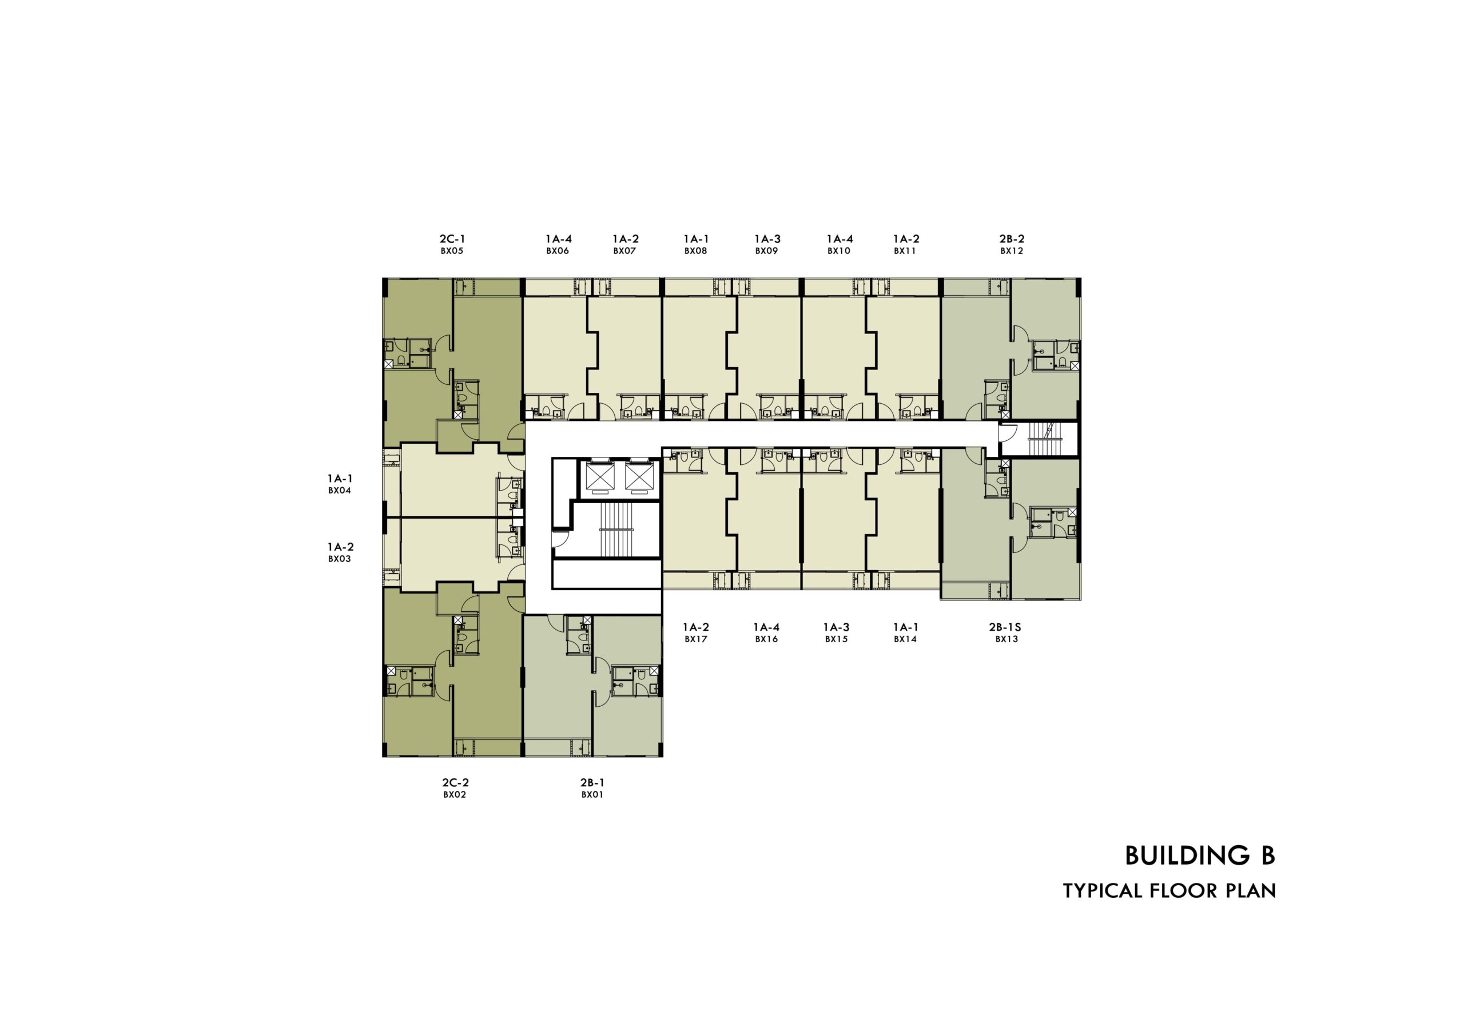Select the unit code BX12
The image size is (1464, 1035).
pyautogui.click(x=1011, y=251)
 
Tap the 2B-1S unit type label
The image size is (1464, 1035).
pyautogui.click(x=1005, y=627)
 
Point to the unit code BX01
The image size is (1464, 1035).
pyautogui.click(x=592, y=795)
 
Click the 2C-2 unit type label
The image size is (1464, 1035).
pyautogui.click(x=455, y=782)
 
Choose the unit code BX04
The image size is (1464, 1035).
pyautogui.click(x=339, y=491)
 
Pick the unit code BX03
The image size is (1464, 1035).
pyautogui.click(x=339, y=559)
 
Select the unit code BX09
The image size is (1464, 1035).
pyautogui.click(x=766, y=251)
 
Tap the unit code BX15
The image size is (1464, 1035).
pyautogui.click(x=836, y=639)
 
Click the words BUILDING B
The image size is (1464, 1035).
pyautogui.click(x=1200, y=856)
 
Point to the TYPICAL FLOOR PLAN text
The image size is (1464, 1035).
pyautogui.click(x=1169, y=891)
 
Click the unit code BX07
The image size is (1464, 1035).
pyautogui.click(x=625, y=251)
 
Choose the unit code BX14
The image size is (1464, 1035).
pyautogui.click(x=905, y=639)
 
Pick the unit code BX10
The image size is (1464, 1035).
pyautogui.click(x=839, y=251)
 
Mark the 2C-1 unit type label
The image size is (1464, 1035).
pyautogui.click(x=452, y=239)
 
